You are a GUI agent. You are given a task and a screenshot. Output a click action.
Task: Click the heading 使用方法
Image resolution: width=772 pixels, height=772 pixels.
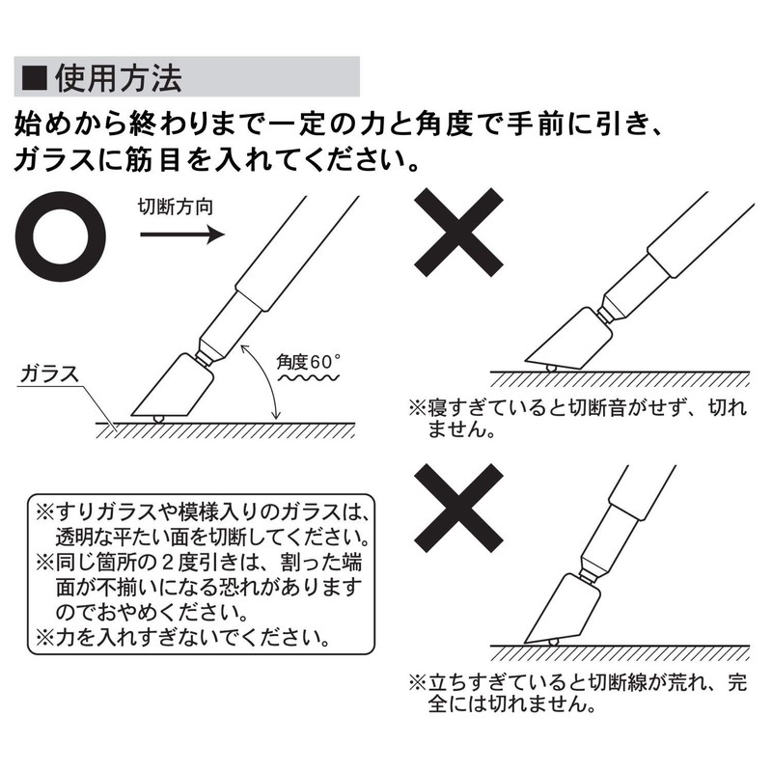coord(118,78)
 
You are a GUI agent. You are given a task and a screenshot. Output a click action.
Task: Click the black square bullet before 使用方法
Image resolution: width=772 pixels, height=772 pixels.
coord(35,78)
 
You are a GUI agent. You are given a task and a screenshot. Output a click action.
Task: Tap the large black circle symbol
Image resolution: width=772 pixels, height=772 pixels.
coord(61,236)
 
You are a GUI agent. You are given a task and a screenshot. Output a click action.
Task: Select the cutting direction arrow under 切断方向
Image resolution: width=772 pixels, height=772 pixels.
coord(182,234)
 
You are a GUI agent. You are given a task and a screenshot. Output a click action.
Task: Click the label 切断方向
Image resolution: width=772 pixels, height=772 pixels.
coord(176,207)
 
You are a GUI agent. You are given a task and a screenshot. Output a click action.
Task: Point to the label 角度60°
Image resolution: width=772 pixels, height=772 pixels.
coord(308,362)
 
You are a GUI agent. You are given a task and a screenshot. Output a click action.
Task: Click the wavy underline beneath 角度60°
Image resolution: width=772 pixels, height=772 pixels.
coord(309,378)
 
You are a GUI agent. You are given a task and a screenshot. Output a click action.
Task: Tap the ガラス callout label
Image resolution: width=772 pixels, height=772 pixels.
coord(49,373)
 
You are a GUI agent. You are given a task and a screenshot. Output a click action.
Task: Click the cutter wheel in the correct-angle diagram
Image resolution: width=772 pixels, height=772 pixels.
coord(158,419)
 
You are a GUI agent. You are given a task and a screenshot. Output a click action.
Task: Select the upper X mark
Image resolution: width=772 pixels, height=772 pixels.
coord(459,233)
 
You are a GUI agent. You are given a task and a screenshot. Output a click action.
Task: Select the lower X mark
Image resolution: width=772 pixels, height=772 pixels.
coord(459,509)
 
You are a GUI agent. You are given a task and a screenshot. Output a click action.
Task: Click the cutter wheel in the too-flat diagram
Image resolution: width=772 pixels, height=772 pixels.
coord(551,368)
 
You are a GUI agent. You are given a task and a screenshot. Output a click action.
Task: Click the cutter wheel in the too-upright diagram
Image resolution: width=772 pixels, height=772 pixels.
coord(553,642)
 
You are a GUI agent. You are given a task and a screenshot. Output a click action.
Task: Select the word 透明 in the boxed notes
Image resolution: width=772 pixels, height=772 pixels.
coord(77,538)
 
